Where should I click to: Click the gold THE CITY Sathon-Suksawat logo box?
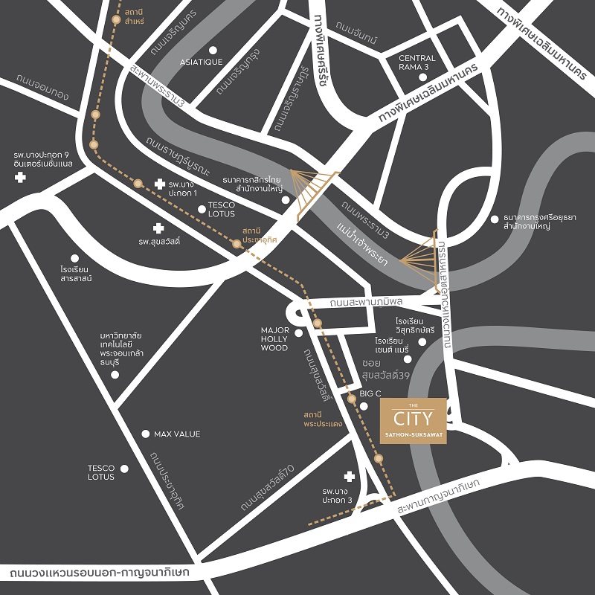(413, 422)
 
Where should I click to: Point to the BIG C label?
(370, 393)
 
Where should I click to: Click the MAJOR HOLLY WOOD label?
(274, 339)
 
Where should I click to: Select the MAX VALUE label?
(177, 434)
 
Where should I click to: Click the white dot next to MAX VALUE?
(146, 434)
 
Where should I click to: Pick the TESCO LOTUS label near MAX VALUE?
(101, 472)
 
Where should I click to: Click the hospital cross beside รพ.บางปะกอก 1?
(159, 184)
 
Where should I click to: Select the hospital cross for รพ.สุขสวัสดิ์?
(157, 228)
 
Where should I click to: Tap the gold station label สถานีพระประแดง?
(322, 419)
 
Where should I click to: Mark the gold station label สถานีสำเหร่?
(135, 18)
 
